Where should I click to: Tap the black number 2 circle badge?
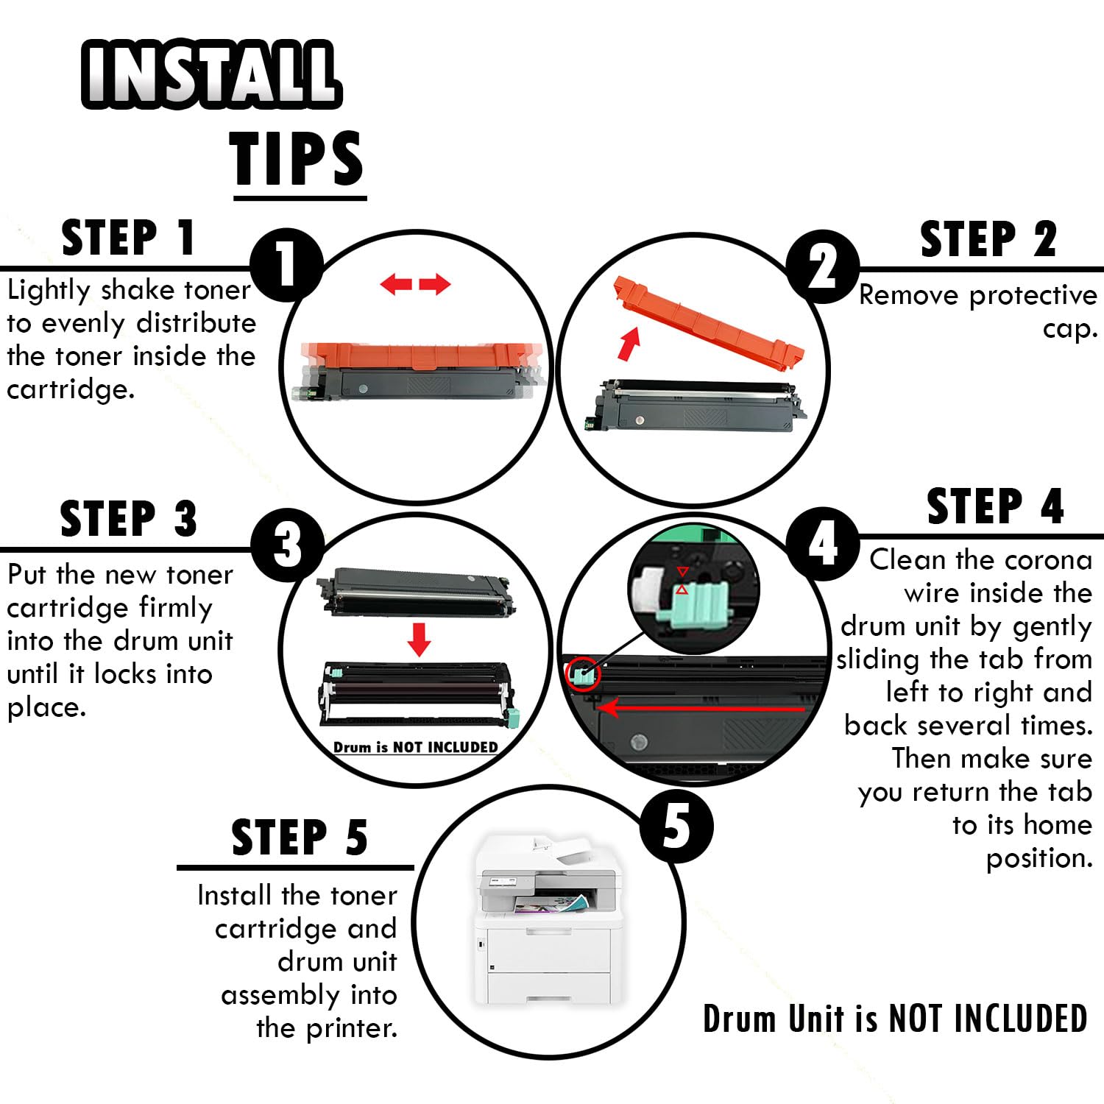click(823, 266)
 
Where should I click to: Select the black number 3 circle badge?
click(288, 545)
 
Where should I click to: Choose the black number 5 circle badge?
click(676, 826)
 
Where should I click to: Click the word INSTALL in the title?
click(211, 74)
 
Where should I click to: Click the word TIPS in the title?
click(297, 159)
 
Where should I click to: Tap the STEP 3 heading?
click(129, 519)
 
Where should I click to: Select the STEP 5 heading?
click(300, 838)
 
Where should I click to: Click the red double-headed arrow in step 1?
click(416, 284)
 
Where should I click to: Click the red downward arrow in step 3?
click(420, 640)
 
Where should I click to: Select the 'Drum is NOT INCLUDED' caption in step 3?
click(416, 747)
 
